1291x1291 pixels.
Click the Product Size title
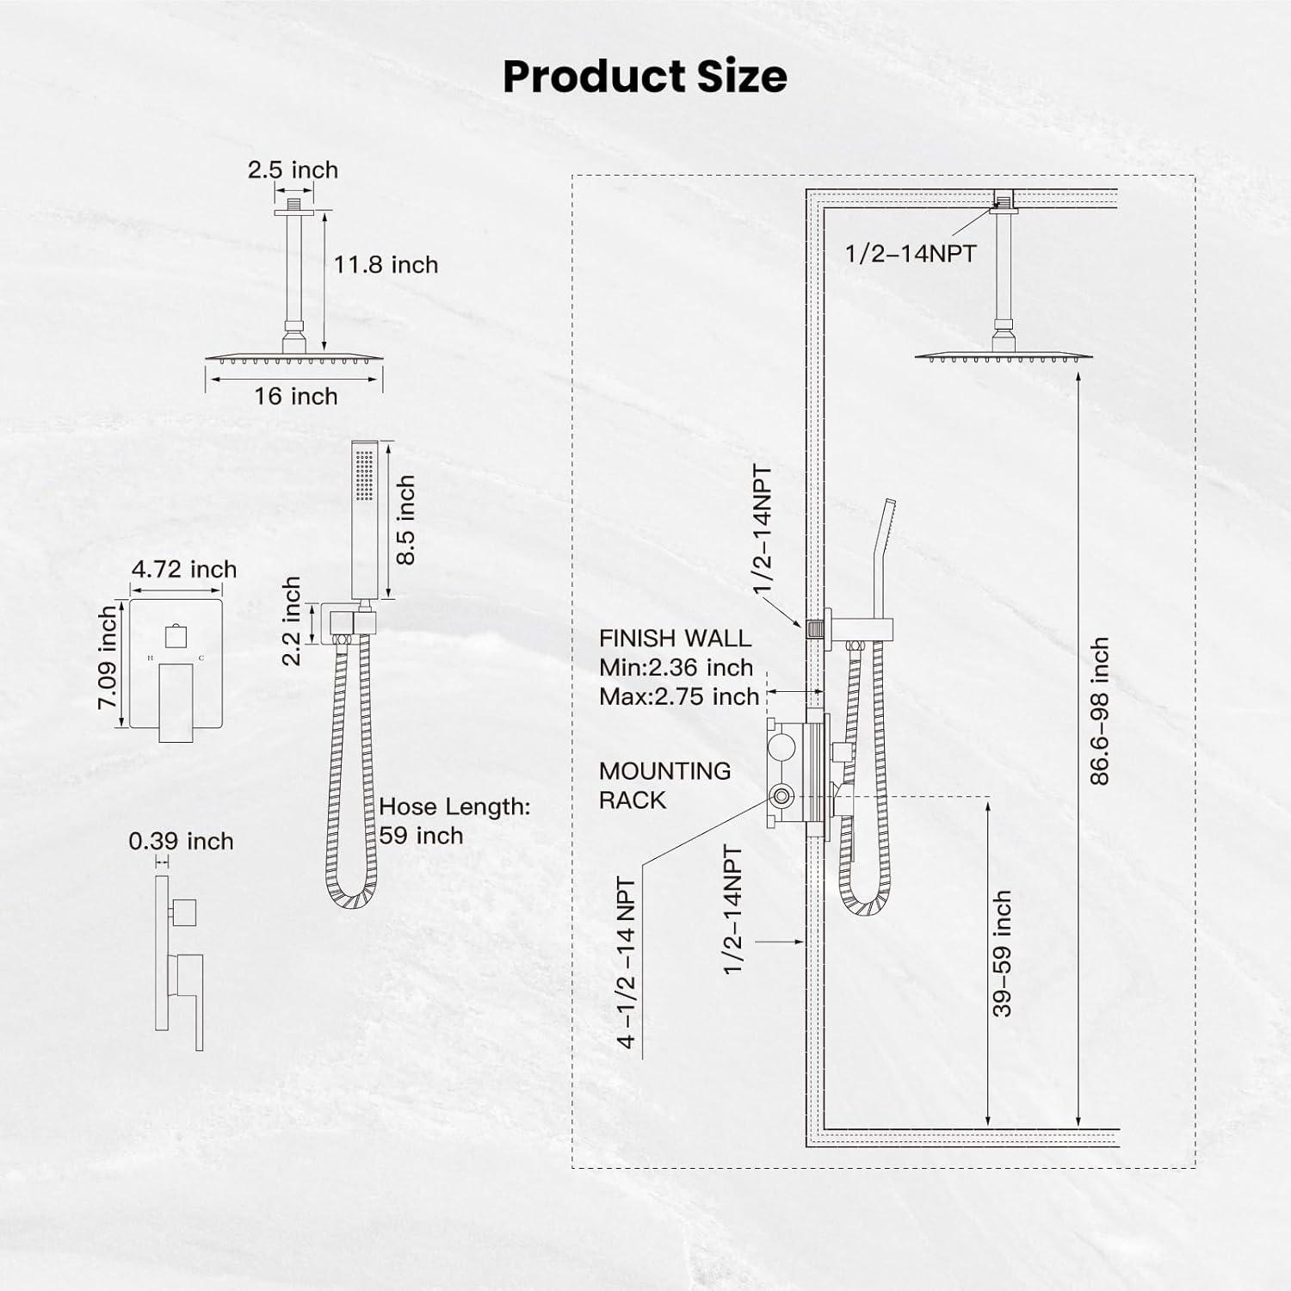click(x=645, y=76)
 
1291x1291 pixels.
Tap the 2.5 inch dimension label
click(x=293, y=170)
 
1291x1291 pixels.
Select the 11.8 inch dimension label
click(x=386, y=264)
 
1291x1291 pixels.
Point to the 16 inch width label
click(x=295, y=396)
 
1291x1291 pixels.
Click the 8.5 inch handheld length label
click(x=405, y=520)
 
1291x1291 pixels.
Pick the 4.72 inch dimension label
click(x=184, y=569)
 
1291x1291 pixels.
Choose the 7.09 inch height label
click(x=107, y=657)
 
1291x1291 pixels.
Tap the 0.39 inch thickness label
click(x=181, y=841)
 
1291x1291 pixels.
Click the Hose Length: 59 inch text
click(x=454, y=821)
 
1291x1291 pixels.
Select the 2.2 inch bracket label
click(x=292, y=621)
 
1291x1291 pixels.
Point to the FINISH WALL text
click(x=675, y=638)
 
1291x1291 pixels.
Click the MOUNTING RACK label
click(x=664, y=785)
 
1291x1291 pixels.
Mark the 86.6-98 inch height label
click(x=1099, y=711)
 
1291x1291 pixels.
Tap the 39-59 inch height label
click(x=1001, y=954)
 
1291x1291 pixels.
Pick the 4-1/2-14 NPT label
click(x=627, y=963)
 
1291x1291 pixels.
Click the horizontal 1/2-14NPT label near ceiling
click(x=911, y=253)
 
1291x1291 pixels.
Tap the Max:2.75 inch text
click(x=679, y=696)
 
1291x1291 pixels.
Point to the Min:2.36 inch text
click(x=676, y=667)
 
